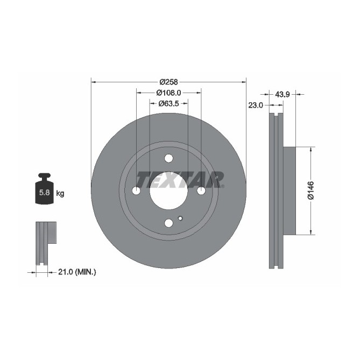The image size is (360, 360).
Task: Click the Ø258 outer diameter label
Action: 168,82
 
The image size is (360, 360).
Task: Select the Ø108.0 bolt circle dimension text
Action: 168,93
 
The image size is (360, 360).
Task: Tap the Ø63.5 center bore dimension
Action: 168,103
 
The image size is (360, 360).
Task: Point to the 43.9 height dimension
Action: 283,95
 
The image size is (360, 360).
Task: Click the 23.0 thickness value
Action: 256,105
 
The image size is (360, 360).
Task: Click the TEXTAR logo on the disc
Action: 180,179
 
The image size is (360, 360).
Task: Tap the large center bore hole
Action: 168,190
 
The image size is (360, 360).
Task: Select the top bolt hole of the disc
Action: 168,158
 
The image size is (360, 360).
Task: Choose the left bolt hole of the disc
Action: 136,190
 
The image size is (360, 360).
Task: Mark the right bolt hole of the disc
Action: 201,190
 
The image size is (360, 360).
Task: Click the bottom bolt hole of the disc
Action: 168,223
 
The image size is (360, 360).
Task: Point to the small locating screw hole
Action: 180,218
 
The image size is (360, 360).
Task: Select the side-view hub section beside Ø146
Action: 289,191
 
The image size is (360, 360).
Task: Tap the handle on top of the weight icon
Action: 44,176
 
